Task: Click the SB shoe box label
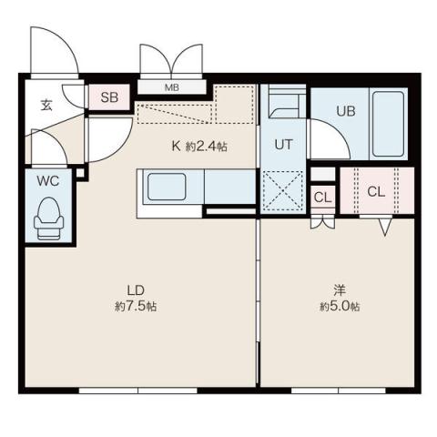108,97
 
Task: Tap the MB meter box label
172,88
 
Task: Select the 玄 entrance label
46,103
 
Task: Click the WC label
47,180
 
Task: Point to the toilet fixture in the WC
47,218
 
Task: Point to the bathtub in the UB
388,124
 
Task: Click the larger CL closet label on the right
376,191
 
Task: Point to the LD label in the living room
134,292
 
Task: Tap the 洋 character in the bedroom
339,291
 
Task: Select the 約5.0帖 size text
339,308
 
